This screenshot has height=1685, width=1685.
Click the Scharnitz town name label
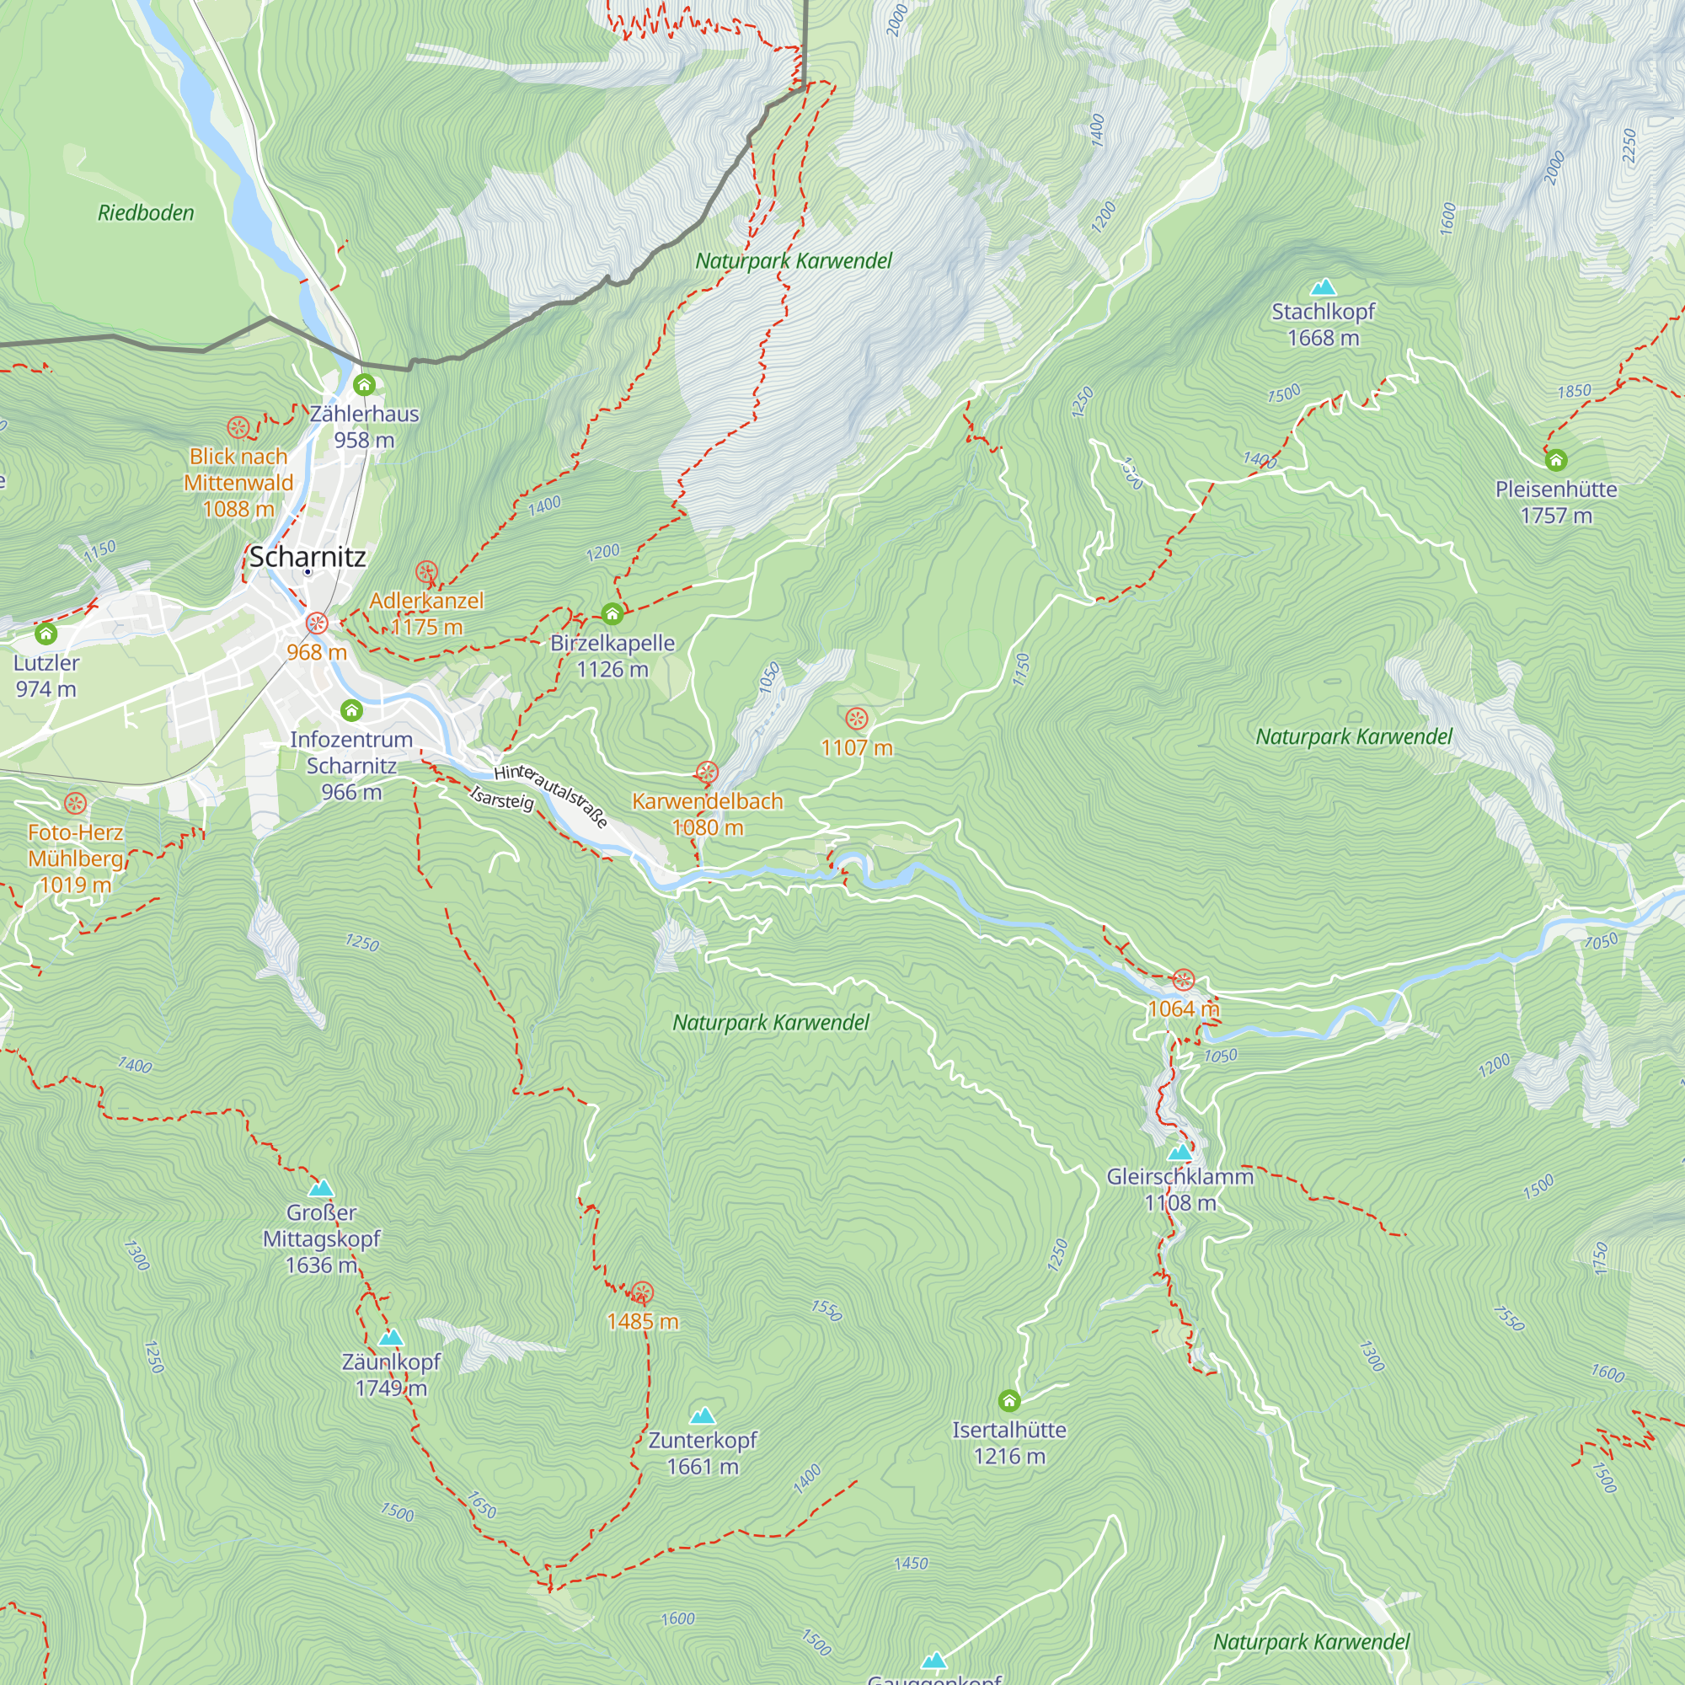(307, 556)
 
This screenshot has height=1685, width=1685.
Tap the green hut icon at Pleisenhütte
(1556, 460)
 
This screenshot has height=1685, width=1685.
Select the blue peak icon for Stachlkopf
(1323, 287)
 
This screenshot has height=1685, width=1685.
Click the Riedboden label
(146, 213)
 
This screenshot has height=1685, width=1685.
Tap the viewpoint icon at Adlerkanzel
(426, 572)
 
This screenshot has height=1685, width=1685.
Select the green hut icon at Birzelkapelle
(612, 614)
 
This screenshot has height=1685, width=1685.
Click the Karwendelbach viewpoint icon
(708, 772)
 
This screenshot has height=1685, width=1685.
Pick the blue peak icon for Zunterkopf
(703, 1415)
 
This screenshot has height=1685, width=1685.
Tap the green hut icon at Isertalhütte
(1009, 1401)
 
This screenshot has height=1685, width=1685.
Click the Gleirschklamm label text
(1180, 1176)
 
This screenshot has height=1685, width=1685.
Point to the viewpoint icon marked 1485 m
(643, 1292)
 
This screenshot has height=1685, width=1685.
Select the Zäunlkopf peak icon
(391, 1337)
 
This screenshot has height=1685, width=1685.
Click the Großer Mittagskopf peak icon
(321, 1188)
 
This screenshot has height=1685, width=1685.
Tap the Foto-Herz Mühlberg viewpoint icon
(76, 803)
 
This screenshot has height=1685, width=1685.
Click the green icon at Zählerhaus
(365, 385)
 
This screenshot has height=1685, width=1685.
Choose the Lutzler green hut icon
(46, 634)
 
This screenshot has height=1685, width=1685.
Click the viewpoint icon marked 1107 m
(857, 719)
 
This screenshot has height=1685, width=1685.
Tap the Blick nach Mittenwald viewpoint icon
(238, 427)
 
